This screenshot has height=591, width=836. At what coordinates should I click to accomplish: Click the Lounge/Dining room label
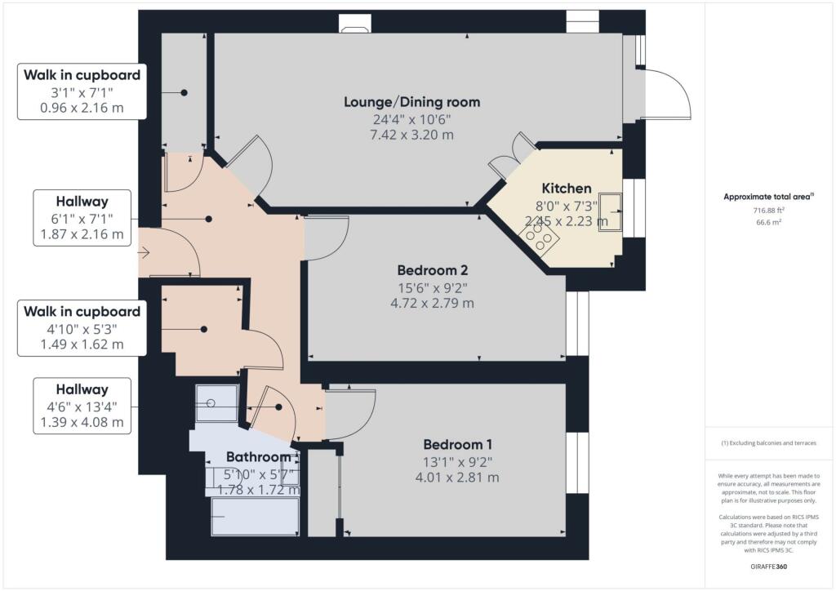pos(411,102)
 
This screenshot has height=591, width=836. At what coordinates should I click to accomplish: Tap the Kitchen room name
pos(567,189)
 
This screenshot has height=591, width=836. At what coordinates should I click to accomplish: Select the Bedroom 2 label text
pos(432,270)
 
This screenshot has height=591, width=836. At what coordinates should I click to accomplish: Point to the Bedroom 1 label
pos(457,445)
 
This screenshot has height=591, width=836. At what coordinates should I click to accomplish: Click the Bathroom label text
pos(258,457)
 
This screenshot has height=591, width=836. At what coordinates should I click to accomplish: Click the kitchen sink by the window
pos(609,211)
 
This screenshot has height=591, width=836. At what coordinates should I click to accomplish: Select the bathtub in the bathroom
pos(255,517)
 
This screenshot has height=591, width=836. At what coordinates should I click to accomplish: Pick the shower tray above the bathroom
pos(216,403)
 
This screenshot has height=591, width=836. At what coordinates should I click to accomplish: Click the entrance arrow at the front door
pos(145,253)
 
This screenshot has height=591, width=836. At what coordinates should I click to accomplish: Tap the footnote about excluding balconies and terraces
pos(769,443)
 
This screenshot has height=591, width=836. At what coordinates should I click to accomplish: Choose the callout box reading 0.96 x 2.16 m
pos(82,91)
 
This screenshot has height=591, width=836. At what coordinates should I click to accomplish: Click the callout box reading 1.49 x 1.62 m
pos(82,327)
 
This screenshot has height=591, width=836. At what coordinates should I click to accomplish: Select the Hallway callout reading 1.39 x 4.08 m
pos(82,406)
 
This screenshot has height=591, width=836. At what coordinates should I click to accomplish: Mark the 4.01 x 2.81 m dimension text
pos(457,478)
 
